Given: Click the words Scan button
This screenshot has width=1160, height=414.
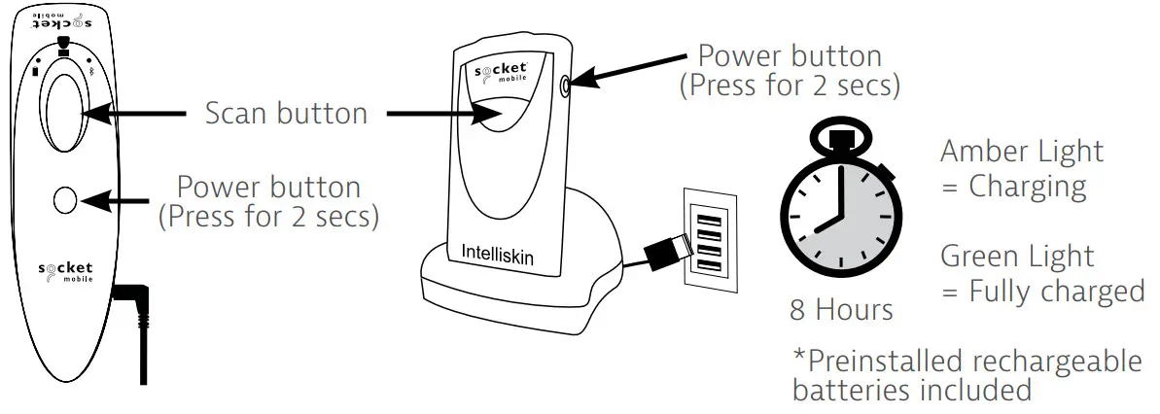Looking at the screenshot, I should coord(286,114).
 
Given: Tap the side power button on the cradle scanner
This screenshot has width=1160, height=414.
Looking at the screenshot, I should coord(565,86).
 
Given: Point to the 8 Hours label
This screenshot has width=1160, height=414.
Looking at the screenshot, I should coord(842,310).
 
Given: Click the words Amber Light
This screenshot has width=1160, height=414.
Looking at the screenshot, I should coord(1022,153).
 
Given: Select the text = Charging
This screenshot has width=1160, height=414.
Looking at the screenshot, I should coord(1013,186).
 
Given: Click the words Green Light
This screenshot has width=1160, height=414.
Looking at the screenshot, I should coord(1017,258).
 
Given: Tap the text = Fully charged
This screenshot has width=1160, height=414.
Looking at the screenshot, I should coord(1041,292).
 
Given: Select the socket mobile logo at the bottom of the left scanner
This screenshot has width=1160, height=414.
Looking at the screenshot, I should coord(65,269).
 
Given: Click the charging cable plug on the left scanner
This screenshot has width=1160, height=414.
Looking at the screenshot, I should coord(130,300).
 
